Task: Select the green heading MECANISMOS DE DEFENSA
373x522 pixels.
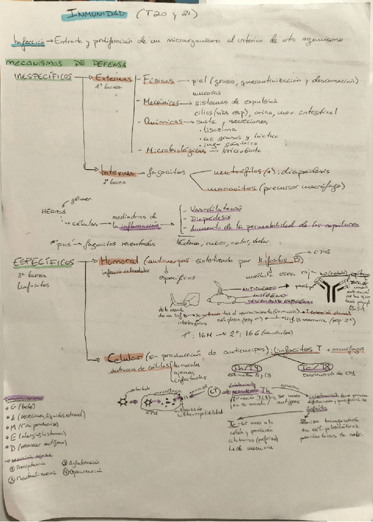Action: [64, 64]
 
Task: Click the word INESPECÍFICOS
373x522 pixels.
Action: [42, 77]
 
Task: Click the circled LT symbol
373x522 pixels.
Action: [214, 392]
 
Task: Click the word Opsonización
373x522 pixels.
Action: [85, 472]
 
